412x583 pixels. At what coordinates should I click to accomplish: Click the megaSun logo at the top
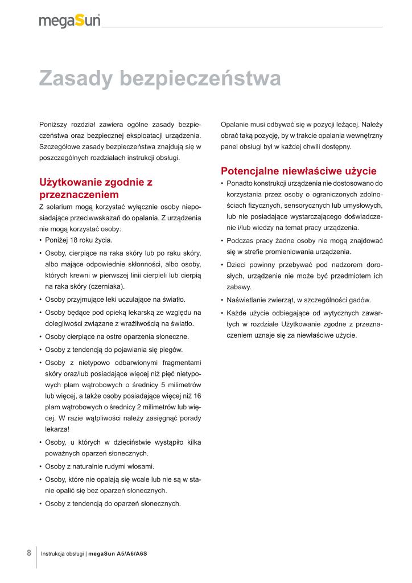69,20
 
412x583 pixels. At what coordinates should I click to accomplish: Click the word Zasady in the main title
77,79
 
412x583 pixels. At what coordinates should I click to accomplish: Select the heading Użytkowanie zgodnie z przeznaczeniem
96,188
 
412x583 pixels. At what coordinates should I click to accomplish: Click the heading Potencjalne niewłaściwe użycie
299,171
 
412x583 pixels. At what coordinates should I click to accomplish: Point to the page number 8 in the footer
29,552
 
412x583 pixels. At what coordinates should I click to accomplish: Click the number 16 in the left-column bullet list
197,396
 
